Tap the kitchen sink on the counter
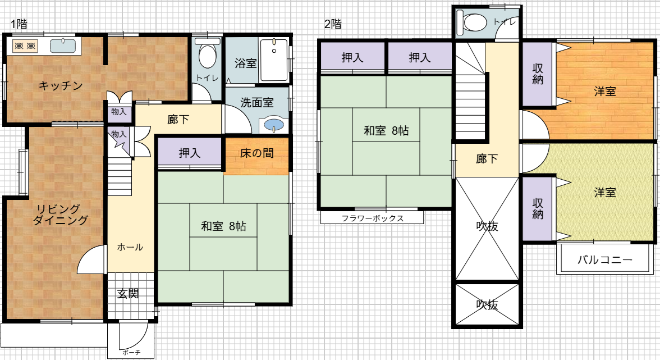(63, 45)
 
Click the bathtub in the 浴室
(274, 60)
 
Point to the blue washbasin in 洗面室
(274, 125)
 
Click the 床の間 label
(257, 153)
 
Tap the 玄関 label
(128, 294)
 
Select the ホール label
(130, 247)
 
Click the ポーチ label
(132, 353)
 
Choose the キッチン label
(61, 86)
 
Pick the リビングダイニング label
(61, 215)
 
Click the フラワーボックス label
(373, 218)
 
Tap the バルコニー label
(605, 260)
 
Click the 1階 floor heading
(19, 24)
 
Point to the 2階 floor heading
(333, 24)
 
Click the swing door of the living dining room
(91, 259)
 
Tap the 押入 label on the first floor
(190, 153)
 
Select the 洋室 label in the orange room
(605, 92)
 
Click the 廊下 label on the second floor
(487, 159)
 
